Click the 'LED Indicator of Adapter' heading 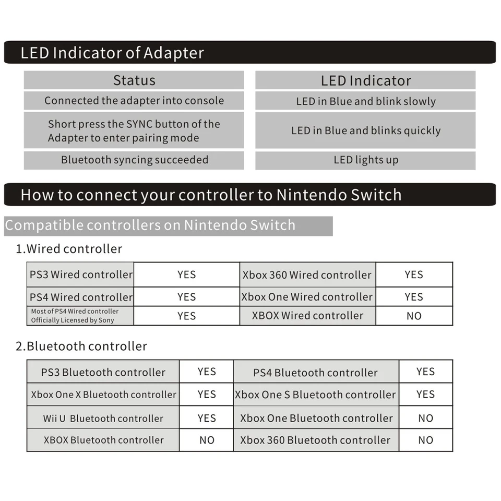[x=112, y=53]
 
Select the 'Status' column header [x=134, y=80]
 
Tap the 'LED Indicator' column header [x=366, y=80]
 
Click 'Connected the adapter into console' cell [x=134, y=101]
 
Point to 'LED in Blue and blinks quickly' [x=366, y=130]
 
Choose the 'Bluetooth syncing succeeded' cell [x=135, y=160]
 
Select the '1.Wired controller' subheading [x=69, y=249]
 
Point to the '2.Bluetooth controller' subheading [x=81, y=347]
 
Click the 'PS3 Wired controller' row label [x=81, y=275]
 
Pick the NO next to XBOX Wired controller [x=414, y=316]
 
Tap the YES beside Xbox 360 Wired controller [x=414, y=275]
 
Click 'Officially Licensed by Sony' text [x=73, y=320]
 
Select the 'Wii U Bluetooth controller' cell [x=103, y=418]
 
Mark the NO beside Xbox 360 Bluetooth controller [x=426, y=440]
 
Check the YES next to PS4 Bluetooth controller [x=426, y=372]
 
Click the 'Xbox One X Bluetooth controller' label [x=103, y=395]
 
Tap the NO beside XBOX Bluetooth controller [x=207, y=440]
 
